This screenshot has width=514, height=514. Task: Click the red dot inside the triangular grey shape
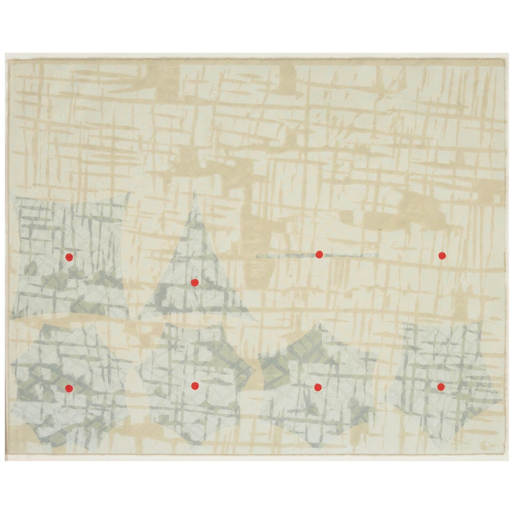(x=194, y=282)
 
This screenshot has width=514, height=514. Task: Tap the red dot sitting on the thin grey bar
(x=319, y=254)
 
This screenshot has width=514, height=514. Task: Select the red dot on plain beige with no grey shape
(x=442, y=255)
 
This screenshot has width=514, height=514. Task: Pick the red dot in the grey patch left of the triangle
(x=69, y=257)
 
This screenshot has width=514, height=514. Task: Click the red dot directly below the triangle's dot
(x=195, y=385)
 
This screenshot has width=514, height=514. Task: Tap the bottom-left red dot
(x=69, y=388)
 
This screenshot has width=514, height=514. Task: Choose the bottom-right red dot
(x=441, y=387)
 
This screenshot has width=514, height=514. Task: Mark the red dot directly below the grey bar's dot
(x=318, y=387)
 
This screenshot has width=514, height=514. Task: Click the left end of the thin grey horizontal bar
(x=258, y=256)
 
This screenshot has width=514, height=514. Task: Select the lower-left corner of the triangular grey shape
(x=140, y=318)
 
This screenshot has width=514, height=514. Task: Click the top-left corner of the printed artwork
(x=10, y=60)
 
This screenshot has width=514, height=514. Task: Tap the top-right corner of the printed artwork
(x=505, y=60)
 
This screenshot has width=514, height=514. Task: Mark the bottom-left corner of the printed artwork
(x=10, y=454)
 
